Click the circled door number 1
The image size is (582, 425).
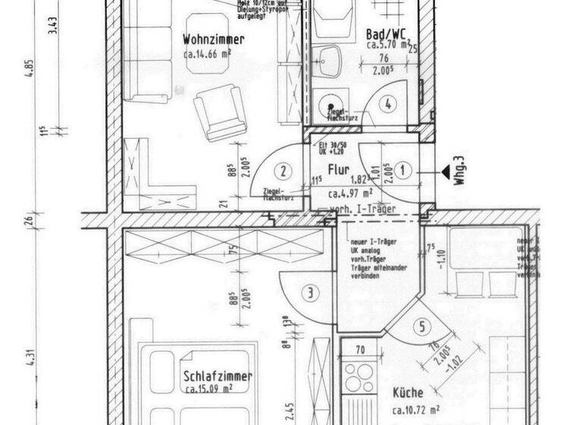pos(403,171)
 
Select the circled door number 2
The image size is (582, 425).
pos(282,172)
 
